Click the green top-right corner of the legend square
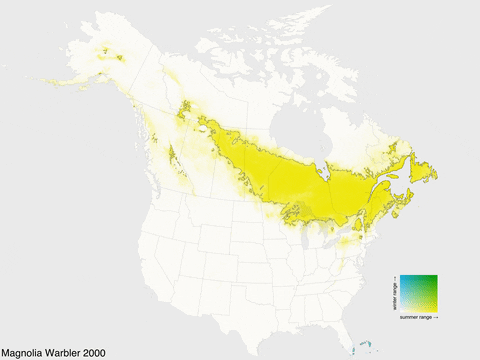[x=435, y=276]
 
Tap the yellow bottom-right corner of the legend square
[x=435, y=309]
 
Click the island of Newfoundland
[x=424, y=170]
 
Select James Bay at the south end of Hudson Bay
[x=323, y=161]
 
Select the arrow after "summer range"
[x=437, y=317]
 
